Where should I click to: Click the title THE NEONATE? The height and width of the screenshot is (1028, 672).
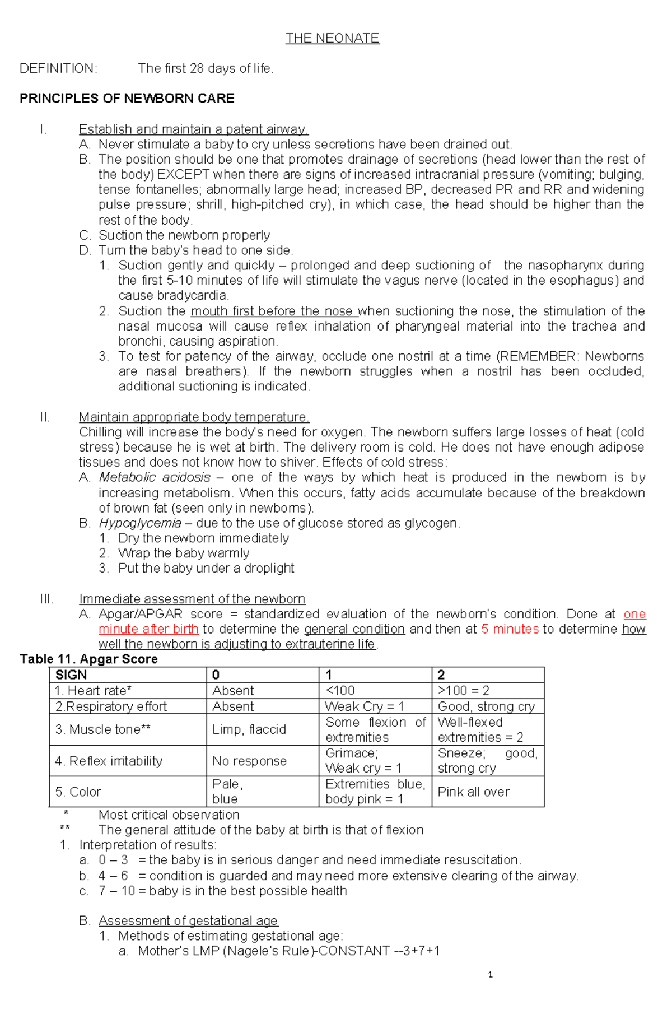(x=332, y=38)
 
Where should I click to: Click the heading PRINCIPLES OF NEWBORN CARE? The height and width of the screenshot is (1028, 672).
(x=127, y=99)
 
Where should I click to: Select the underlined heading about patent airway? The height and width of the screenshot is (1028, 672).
(x=193, y=129)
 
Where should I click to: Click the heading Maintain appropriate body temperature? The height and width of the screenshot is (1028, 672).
(x=194, y=417)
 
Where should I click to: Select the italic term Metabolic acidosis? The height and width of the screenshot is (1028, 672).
(x=155, y=477)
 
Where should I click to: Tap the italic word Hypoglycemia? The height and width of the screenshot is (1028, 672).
(x=140, y=523)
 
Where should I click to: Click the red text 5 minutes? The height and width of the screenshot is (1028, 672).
(x=510, y=629)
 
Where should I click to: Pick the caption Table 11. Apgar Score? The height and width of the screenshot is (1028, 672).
(x=88, y=659)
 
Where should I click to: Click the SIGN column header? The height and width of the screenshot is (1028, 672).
(x=71, y=675)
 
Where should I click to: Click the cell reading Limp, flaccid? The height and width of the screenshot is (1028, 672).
(x=249, y=729)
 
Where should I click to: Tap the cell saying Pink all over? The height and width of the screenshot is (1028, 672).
(x=474, y=792)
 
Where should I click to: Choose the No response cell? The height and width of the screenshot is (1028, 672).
(x=249, y=761)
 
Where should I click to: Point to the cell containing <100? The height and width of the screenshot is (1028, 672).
(x=340, y=691)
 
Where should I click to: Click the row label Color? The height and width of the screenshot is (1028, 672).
(x=78, y=792)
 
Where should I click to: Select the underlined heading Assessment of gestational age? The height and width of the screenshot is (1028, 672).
(x=188, y=921)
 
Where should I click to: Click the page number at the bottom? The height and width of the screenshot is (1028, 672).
(x=490, y=975)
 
